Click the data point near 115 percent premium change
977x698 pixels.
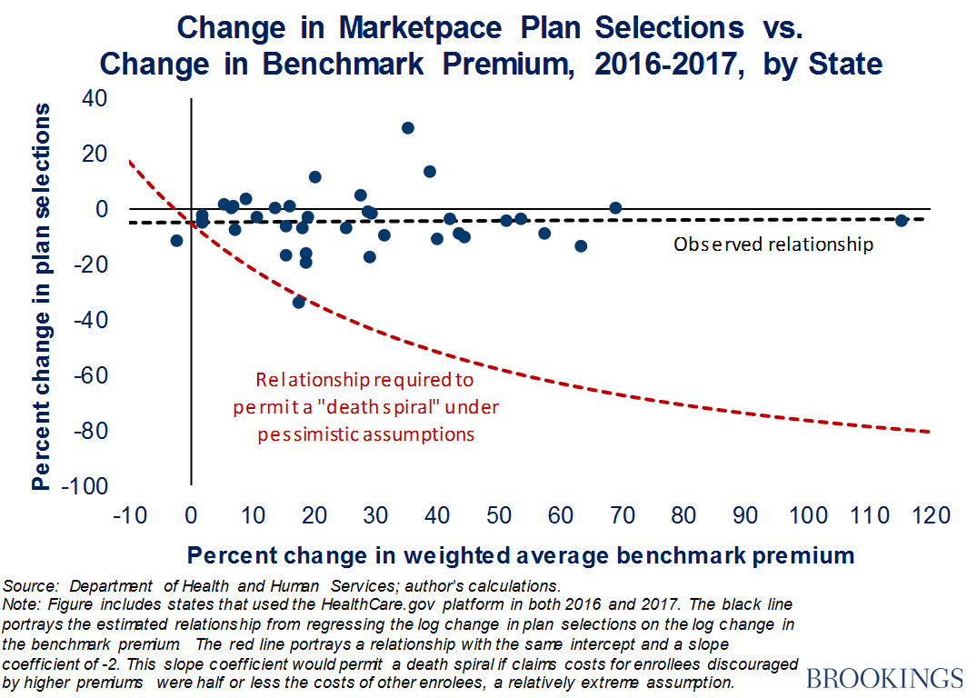pos(901,221)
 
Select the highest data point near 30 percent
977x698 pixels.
pos(408,128)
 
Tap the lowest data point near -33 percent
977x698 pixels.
pos(299,302)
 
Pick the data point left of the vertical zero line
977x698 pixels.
pos(176,241)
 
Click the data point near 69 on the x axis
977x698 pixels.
pos(615,208)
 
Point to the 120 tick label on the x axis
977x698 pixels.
pos(930,515)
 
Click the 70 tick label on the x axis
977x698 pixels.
pos(623,515)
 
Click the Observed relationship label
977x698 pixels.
pos(773,244)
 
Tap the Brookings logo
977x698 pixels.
pos(883,678)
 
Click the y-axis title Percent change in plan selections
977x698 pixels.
pos(41,296)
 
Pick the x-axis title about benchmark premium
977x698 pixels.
pos(521,554)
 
